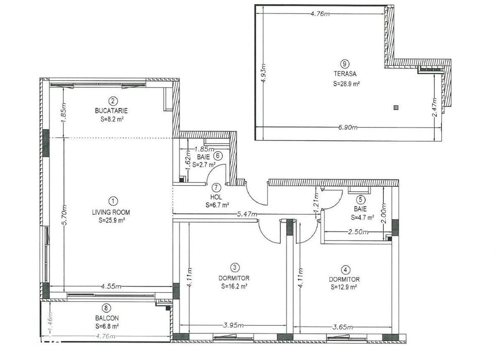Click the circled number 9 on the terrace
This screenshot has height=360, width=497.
pyautogui.click(x=345, y=64)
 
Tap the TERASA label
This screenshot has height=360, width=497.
pyautogui.click(x=345, y=74)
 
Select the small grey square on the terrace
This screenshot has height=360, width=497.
pyautogui.click(x=396, y=108)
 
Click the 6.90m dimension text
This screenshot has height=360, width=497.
pyautogui.click(x=348, y=128)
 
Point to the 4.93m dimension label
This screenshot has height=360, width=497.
pyautogui.click(x=263, y=73)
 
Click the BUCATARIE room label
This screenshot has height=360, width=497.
pyautogui.click(x=111, y=111)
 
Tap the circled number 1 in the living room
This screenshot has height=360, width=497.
pyautogui.click(x=113, y=201)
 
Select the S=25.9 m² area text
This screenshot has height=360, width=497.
pyautogui.click(x=111, y=221)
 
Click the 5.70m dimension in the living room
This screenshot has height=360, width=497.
pyautogui.click(x=64, y=215)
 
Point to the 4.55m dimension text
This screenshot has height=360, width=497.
pyautogui.click(x=111, y=286)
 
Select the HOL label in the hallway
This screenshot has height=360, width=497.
pyautogui.click(x=216, y=197)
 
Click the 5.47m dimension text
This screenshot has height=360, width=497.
pyautogui.click(x=247, y=214)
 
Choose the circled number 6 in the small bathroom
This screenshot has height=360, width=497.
pyautogui.click(x=218, y=156)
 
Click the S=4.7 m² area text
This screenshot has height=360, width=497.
pyautogui.click(x=362, y=218)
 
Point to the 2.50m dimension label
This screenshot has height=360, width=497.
pyautogui.click(x=358, y=232)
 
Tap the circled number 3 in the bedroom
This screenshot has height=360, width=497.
pyautogui.click(x=234, y=268)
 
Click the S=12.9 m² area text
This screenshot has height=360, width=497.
pyautogui.click(x=344, y=287)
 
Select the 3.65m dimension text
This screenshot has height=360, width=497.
pyautogui.click(x=342, y=327)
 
